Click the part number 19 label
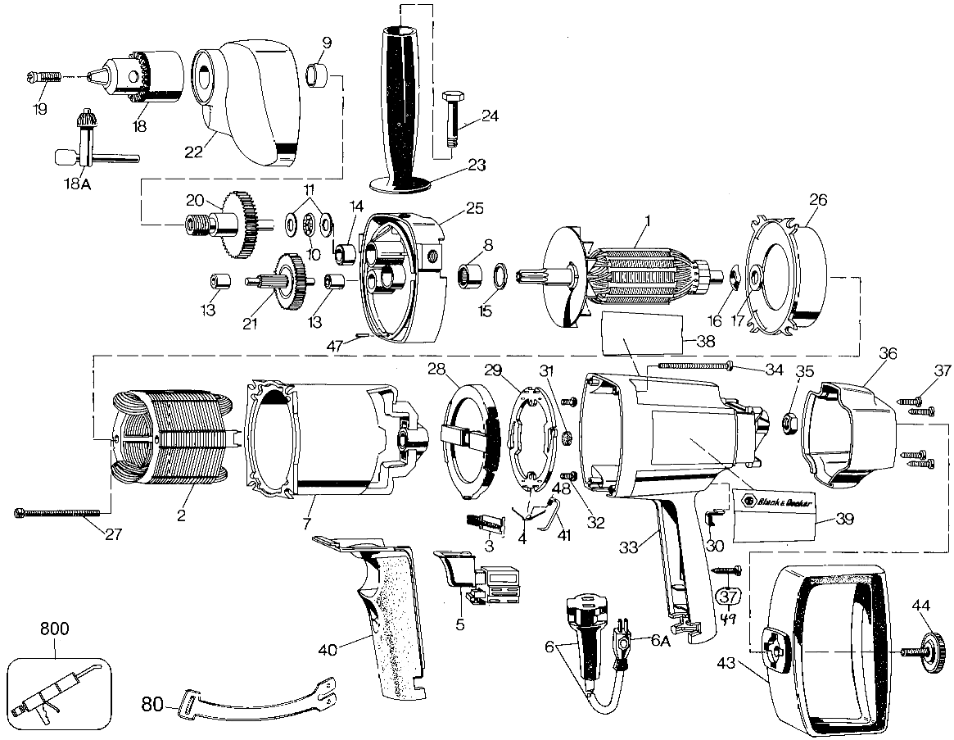tap(40, 109)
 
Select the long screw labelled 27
tap(57, 512)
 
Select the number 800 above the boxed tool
tap(55, 629)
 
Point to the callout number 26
tap(818, 198)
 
